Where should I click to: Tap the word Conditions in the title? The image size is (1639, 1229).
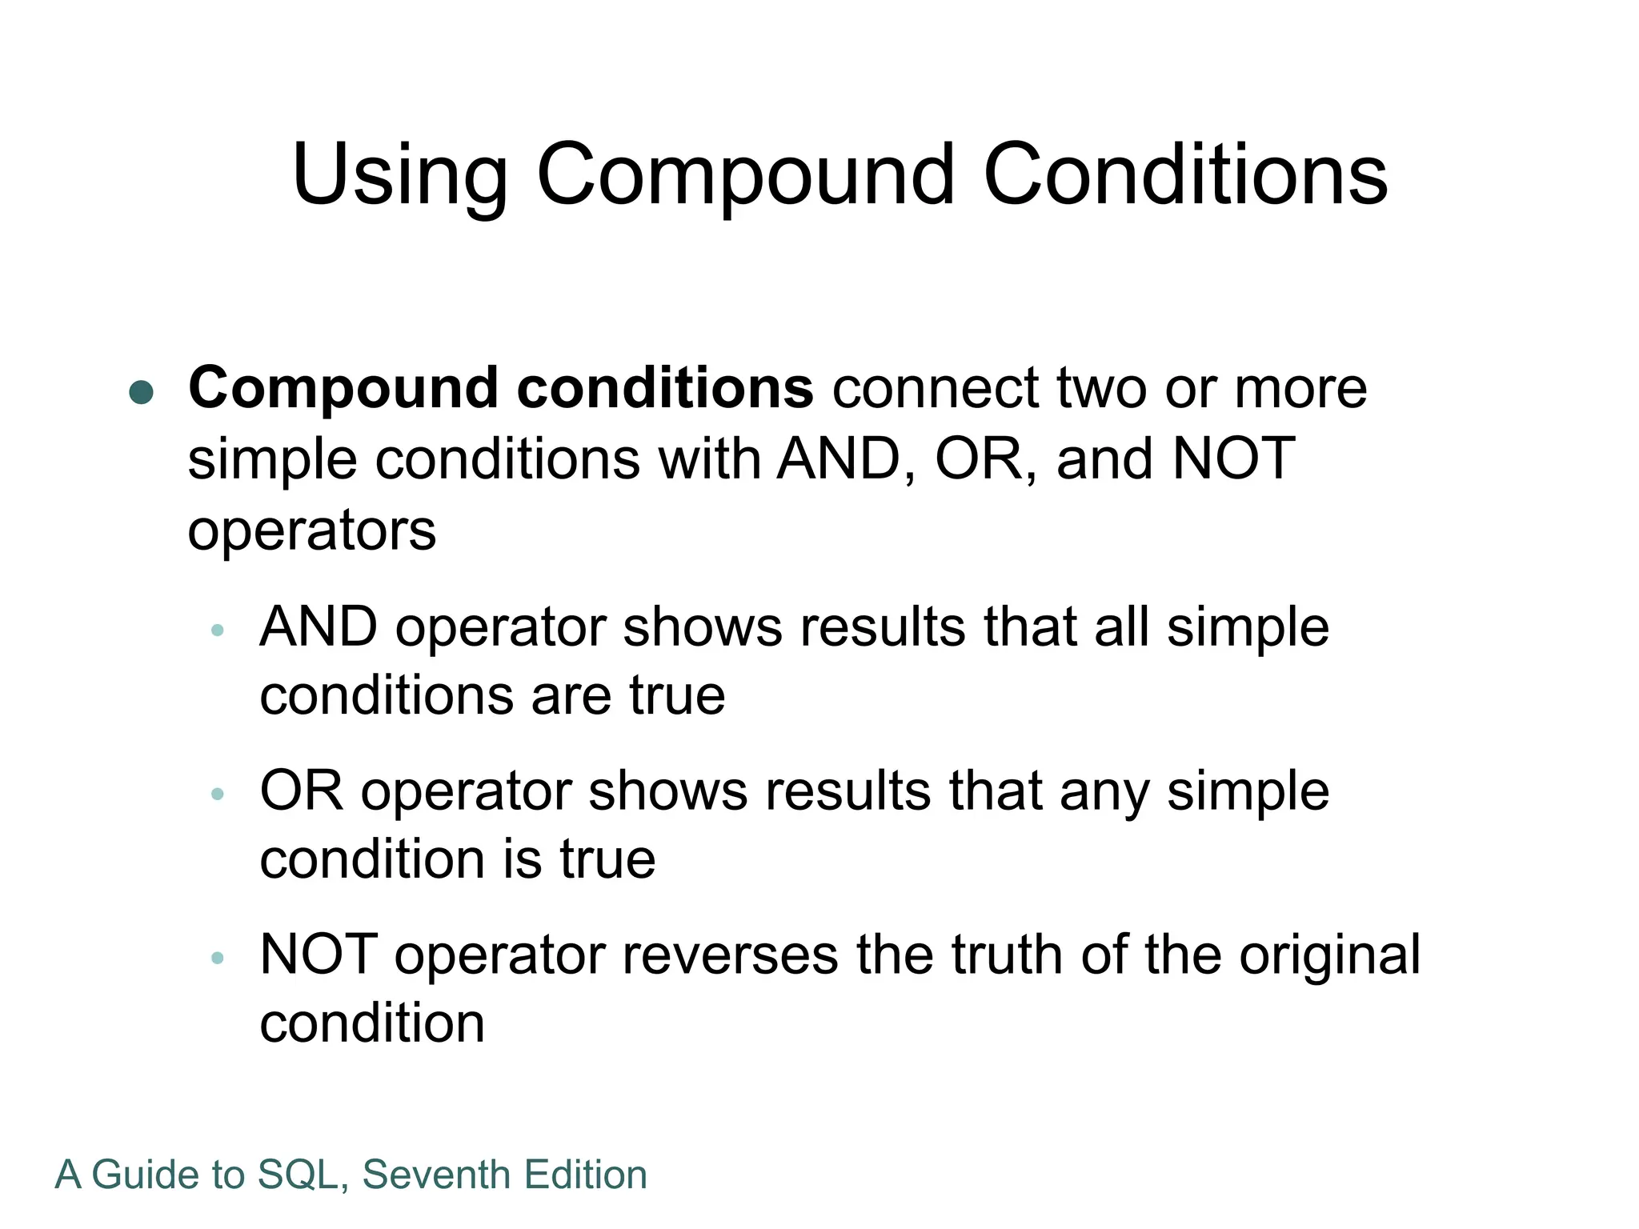1185,174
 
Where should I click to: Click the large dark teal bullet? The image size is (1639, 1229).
141,392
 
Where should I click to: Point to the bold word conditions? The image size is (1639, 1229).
665,388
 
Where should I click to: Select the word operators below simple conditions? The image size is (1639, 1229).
311,530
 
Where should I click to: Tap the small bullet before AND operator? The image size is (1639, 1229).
217,631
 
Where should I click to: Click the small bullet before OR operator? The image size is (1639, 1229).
217,795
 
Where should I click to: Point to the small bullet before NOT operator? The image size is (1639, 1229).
217,958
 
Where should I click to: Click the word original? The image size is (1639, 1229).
1329,955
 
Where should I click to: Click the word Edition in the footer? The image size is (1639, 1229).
586,1175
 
